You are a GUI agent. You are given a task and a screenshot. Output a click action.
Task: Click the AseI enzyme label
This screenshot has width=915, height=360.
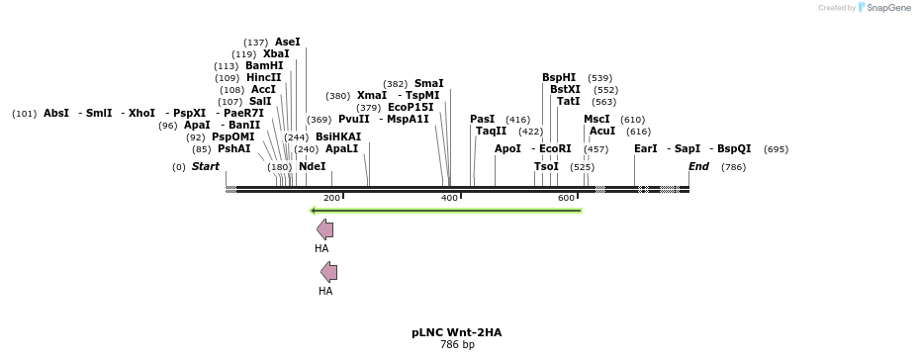coord(287,43)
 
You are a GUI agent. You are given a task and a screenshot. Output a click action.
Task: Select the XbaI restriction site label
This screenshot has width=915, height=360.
coord(276,54)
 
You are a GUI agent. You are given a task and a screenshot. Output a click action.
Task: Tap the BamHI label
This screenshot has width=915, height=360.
coord(264,66)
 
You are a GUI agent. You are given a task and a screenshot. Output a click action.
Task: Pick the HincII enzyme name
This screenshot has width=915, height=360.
coord(263,78)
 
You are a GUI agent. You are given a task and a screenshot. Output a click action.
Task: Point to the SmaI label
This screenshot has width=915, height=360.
coord(428,84)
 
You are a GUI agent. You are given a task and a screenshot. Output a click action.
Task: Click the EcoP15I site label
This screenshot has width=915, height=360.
coord(411,107)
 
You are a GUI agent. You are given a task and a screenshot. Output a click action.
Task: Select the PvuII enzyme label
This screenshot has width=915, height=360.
coord(353,120)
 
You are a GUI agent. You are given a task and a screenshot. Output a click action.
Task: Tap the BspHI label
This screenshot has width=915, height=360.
coord(558,78)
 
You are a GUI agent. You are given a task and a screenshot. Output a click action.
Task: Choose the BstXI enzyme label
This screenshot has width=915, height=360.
coord(565,90)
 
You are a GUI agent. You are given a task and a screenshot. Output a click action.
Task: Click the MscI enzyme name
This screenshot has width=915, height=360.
coord(596,120)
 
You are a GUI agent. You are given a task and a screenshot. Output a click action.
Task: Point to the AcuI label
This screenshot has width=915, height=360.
coord(601,132)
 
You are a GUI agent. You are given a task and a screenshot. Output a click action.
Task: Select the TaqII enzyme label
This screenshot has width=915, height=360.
coord(491,132)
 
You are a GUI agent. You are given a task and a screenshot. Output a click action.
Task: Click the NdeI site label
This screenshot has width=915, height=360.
coord(312,167)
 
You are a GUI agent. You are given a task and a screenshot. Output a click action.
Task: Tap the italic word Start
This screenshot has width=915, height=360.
coord(206,167)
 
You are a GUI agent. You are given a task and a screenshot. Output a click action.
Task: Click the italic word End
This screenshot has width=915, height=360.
coord(698,167)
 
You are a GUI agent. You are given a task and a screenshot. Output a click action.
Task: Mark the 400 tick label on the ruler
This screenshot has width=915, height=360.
coord(449,199)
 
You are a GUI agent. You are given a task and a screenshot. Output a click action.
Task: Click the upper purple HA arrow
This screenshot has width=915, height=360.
coord(324,229)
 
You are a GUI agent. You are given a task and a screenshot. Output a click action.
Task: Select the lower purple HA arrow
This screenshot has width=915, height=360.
coord(328,272)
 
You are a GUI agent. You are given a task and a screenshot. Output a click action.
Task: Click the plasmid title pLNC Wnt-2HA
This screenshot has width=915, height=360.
coord(456,333)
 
